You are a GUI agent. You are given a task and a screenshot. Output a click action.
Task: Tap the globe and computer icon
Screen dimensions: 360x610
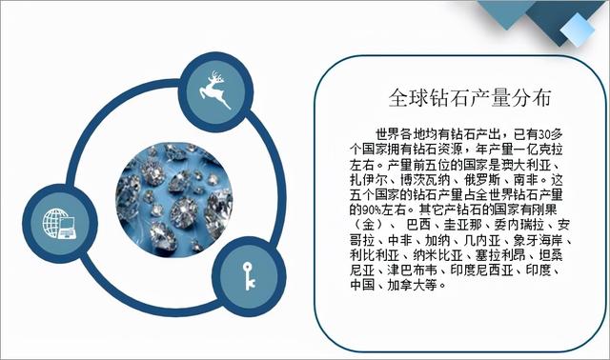(59, 226)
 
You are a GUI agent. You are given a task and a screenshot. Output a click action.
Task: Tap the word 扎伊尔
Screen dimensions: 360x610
(369, 177)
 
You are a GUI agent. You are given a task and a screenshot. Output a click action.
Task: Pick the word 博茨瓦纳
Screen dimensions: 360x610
(426, 177)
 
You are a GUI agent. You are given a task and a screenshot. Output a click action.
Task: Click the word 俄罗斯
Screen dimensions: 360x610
(483, 177)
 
